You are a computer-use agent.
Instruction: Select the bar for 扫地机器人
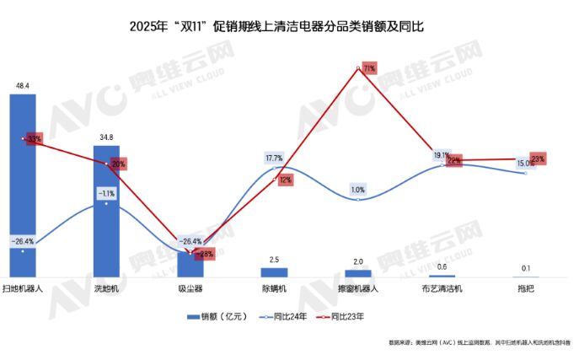(x=23, y=185)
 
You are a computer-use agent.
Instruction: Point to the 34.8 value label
(x=106, y=137)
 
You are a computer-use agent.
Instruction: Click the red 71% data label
(x=368, y=67)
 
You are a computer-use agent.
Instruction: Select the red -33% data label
(x=34, y=138)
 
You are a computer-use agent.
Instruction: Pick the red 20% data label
(x=118, y=164)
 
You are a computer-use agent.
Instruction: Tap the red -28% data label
(x=204, y=253)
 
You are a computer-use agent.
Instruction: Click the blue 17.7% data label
(x=274, y=159)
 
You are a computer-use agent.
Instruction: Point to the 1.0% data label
(x=357, y=190)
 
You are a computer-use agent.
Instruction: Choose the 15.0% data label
(x=525, y=164)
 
